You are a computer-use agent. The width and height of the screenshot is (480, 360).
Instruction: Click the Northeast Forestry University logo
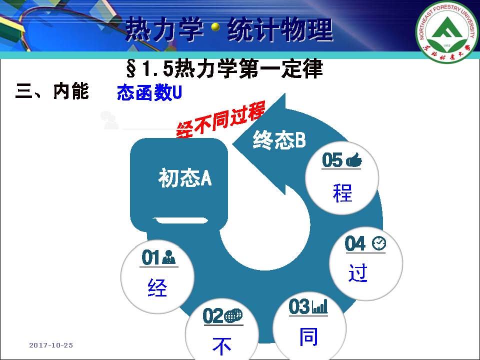(x=447, y=31)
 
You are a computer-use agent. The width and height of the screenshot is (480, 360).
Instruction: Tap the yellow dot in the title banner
(x=215, y=27)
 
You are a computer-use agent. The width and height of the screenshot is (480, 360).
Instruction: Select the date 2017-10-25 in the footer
(x=51, y=345)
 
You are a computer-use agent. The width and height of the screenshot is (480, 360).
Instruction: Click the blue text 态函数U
(x=149, y=92)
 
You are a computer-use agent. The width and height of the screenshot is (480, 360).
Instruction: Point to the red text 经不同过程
(x=220, y=119)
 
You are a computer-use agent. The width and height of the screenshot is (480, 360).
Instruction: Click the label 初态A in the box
(x=185, y=178)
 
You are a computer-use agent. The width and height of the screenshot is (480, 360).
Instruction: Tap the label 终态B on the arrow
(x=279, y=140)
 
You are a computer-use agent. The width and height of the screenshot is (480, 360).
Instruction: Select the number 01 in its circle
(x=150, y=257)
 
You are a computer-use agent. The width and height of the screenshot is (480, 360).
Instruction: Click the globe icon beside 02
(x=233, y=315)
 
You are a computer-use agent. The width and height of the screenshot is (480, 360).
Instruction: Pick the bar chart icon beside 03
(x=319, y=306)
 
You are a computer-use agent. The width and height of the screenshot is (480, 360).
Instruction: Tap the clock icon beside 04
(x=379, y=243)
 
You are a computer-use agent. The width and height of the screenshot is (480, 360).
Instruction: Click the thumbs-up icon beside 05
(x=353, y=160)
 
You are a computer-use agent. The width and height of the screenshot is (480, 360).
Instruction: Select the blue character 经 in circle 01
(x=157, y=287)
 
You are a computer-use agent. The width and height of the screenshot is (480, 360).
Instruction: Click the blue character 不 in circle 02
(x=221, y=346)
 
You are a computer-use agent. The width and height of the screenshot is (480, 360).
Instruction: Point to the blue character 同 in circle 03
(x=308, y=336)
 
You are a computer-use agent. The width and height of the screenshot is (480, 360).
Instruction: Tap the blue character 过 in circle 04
(x=358, y=272)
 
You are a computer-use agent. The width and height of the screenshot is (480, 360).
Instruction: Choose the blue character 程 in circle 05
(x=342, y=193)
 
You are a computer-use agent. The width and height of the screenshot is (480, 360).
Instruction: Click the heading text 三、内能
(x=52, y=91)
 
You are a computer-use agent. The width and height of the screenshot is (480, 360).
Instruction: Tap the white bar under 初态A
(x=180, y=220)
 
